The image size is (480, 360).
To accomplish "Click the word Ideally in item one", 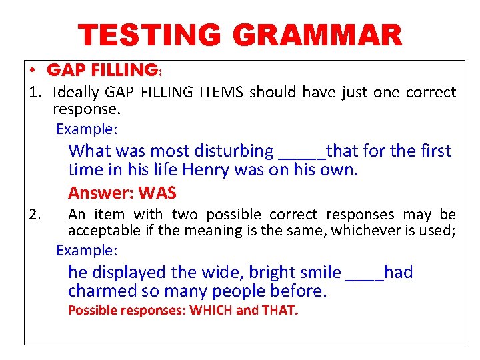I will (75, 92).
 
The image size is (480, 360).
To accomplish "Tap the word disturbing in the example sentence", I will (233, 151).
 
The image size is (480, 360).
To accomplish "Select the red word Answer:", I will (101, 193).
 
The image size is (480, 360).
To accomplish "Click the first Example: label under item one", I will (87, 128).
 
